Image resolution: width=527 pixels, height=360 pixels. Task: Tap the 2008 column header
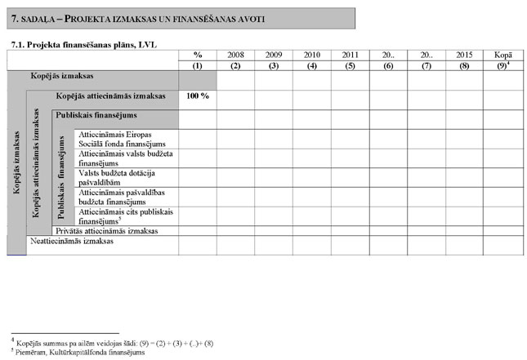click(235, 55)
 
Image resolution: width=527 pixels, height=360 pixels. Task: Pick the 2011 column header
click(350, 55)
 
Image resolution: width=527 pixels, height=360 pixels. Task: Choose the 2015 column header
click(464, 55)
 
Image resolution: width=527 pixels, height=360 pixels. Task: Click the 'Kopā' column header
click(503, 55)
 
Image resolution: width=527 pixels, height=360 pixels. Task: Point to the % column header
click(198, 55)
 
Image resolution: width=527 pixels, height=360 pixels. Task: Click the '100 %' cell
click(198, 96)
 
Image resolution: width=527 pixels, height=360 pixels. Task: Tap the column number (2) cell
click(235, 64)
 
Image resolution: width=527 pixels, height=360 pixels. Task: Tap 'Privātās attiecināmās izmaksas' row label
click(106, 231)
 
